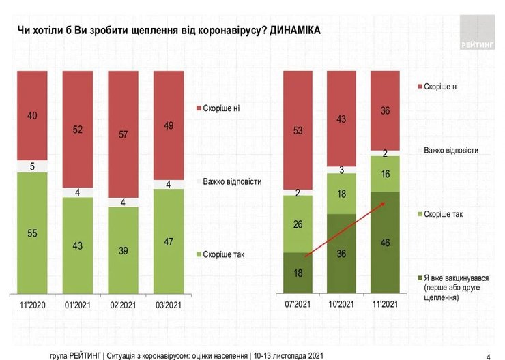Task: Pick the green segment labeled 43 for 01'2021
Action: pos(78,245)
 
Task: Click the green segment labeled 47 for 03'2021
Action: pos(168,241)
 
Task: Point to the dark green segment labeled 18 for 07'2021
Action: pos(298,273)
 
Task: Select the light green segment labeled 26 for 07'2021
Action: pos(298,224)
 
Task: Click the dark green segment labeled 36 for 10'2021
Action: pos(341,253)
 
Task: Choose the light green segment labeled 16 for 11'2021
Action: pos(385,174)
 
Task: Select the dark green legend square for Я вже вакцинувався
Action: pos(418,277)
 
